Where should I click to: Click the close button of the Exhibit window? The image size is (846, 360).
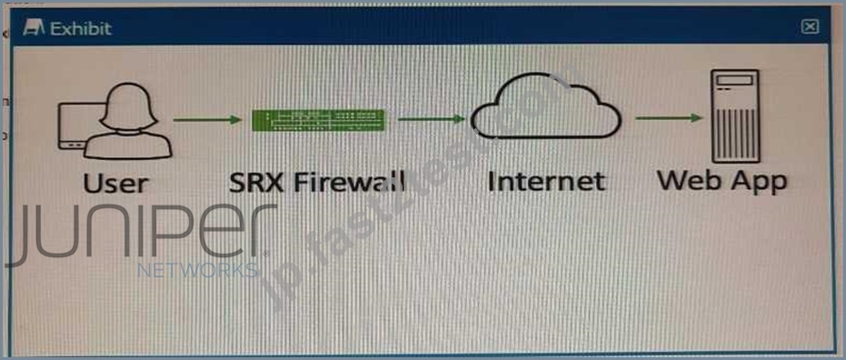[x=810, y=26]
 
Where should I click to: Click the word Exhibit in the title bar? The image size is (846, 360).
[x=81, y=28]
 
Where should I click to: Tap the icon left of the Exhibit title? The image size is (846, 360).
[x=34, y=28]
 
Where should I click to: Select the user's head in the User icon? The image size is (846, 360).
[x=128, y=106]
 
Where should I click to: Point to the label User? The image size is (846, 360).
[x=115, y=183]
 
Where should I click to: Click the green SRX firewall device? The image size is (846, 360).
[x=318, y=120]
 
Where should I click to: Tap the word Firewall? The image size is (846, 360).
[x=348, y=182]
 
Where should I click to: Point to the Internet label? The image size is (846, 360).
[x=545, y=181]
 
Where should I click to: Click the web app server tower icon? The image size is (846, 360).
[x=734, y=116]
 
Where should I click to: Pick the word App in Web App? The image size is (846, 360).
[x=758, y=183]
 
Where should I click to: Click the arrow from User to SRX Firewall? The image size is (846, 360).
[x=207, y=120]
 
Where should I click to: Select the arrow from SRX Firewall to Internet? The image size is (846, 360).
[x=431, y=119]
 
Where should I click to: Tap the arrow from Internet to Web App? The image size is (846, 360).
[x=669, y=118]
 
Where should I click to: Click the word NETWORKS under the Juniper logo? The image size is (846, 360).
[x=198, y=270]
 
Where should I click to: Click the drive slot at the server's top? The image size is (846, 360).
[x=734, y=80]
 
